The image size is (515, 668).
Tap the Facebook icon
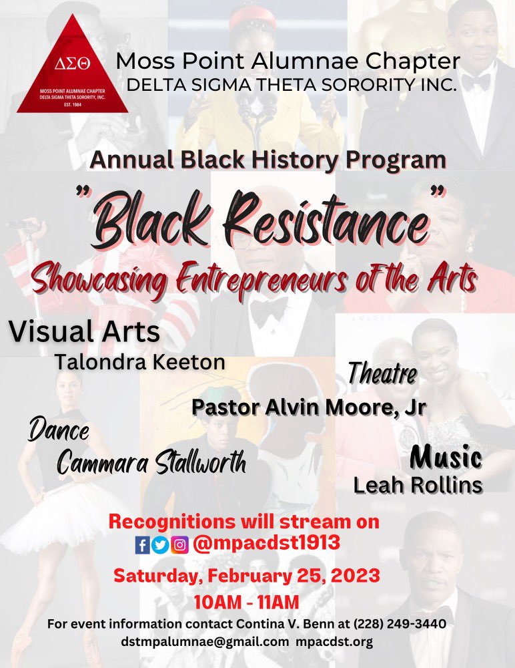[142, 545]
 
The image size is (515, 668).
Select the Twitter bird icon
[160, 545]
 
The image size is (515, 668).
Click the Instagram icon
[179, 545]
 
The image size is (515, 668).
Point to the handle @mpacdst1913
[267, 544]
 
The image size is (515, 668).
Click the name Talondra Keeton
[139, 362]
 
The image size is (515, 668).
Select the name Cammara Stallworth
[151, 462]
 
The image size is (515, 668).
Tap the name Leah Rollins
[418, 486]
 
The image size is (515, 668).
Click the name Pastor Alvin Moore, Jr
[308, 407]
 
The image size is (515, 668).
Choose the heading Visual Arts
[84, 331]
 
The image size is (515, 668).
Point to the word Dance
[59, 432]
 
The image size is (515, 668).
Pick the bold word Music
[446, 458]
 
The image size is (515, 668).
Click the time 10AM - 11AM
[246, 602]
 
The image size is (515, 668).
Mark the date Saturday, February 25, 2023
[247, 575]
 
